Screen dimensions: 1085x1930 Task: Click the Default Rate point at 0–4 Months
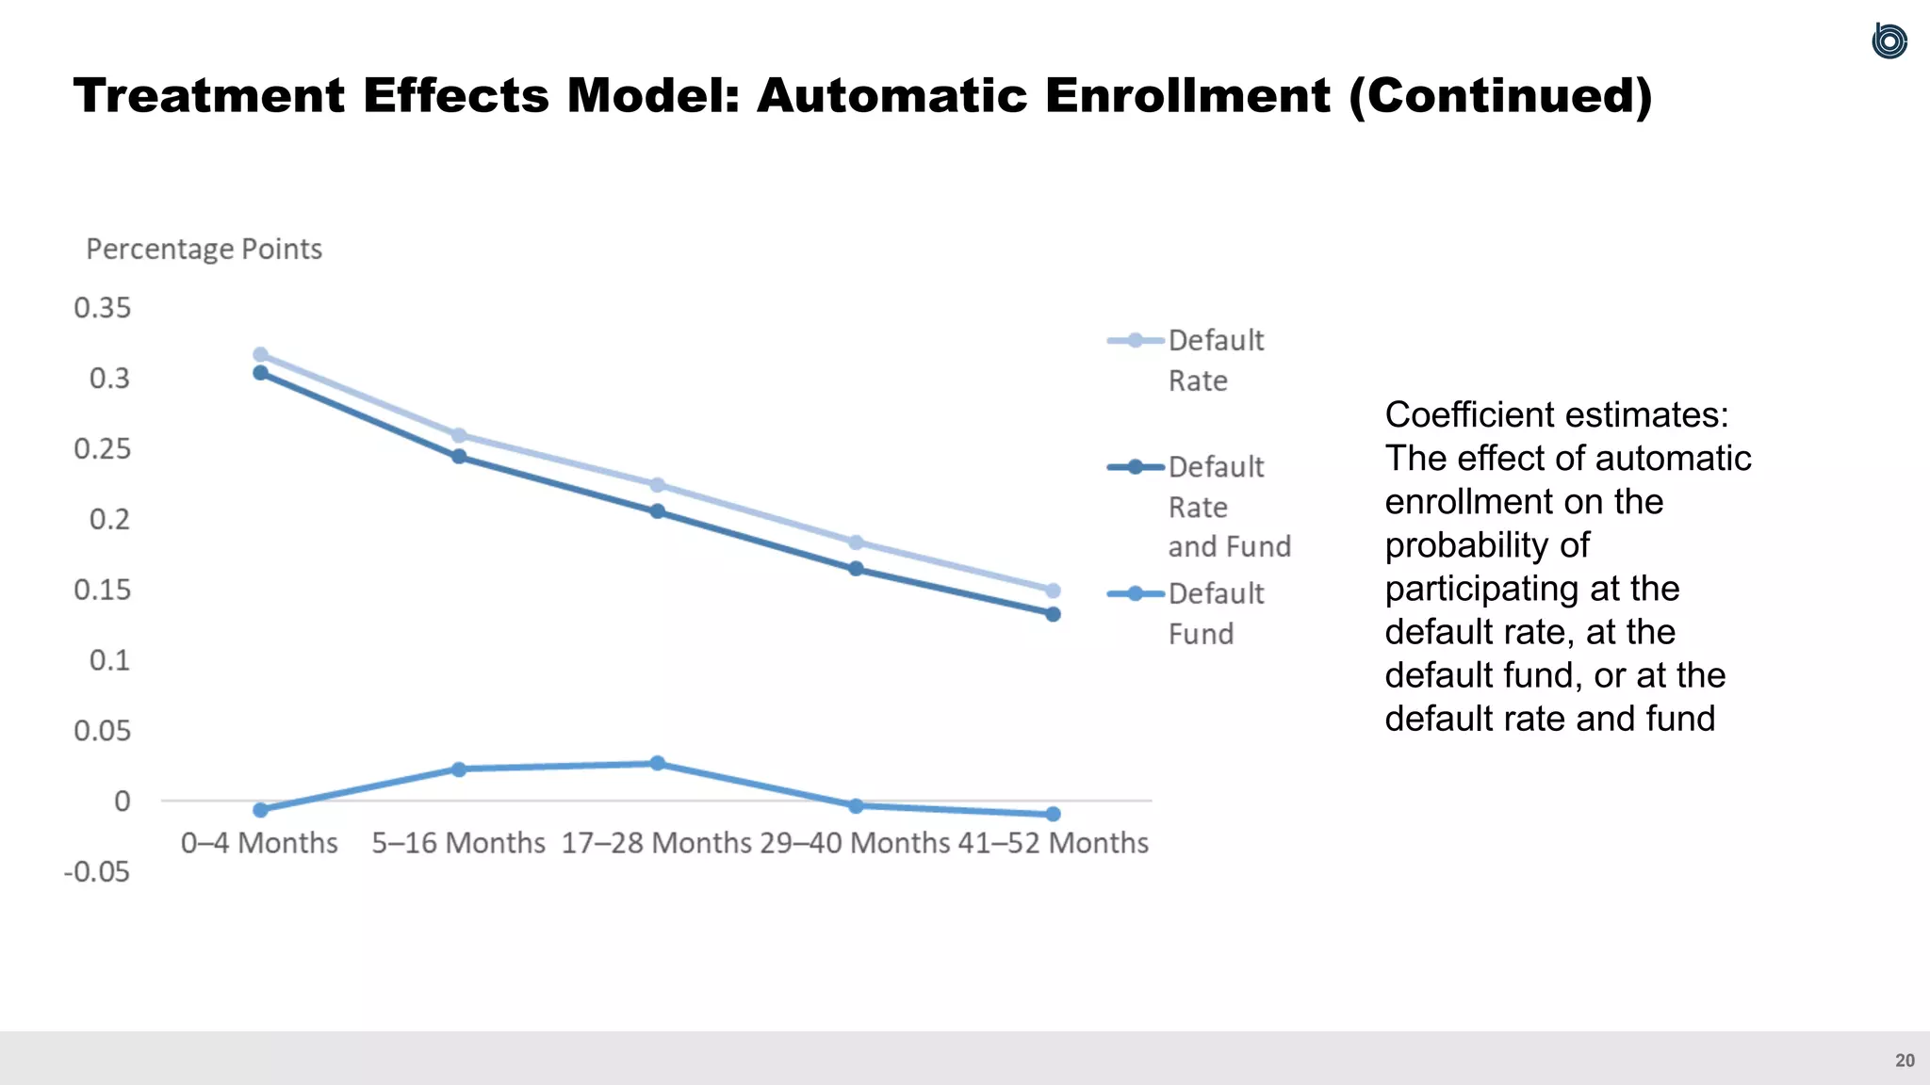[x=261, y=355]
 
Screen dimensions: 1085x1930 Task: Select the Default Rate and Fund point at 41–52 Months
[x=1053, y=614]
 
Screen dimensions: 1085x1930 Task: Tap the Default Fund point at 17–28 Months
[x=657, y=763]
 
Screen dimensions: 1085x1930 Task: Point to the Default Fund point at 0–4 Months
[x=261, y=810]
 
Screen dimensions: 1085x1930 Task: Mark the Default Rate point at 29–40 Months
[x=856, y=542]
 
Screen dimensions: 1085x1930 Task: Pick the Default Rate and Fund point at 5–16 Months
[x=459, y=457]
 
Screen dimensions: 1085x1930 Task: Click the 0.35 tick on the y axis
[x=103, y=308]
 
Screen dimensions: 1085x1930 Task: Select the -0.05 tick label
[x=97, y=871]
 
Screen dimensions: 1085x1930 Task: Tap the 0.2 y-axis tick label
[x=109, y=519]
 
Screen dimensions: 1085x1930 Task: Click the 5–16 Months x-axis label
[x=458, y=842]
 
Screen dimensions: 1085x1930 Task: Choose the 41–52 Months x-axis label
[x=1053, y=842]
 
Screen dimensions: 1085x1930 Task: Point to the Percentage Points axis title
[x=204, y=249]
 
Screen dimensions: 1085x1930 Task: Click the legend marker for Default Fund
[x=1135, y=593]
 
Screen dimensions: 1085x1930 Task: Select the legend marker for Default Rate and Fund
[x=1135, y=466]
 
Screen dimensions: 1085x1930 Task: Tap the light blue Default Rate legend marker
[x=1135, y=340]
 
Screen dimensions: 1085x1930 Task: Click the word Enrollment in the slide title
[x=1186, y=95]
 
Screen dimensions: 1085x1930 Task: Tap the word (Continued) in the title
[x=1500, y=95]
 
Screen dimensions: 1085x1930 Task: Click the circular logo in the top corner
[x=1889, y=41]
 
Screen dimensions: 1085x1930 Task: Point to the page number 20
[x=1905, y=1061]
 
